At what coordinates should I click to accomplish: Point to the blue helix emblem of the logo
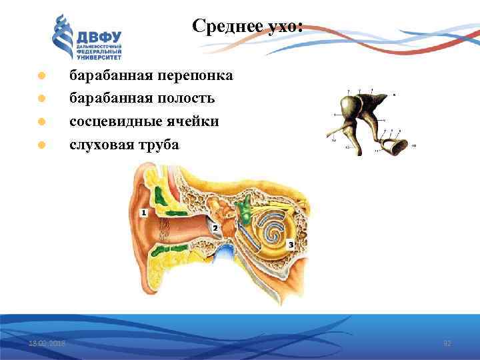pyautogui.click(x=63, y=38)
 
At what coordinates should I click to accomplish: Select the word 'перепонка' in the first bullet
pyautogui.click(x=198, y=75)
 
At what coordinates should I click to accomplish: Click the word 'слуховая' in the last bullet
pyautogui.click(x=98, y=144)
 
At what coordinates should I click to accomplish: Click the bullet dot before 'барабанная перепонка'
pyautogui.click(x=41, y=76)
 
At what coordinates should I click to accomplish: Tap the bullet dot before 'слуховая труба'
pyautogui.click(x=41, y=145)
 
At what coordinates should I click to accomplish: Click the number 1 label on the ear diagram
pyautogui.click(x=143, y=212)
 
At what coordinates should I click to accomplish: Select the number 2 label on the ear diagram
pyautogui.click(x=215, y=227)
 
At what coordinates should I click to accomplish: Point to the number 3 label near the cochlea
pyautogui.click(x=291, y=245)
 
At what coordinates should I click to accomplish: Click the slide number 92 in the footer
pyautogui.click(x=448, y=343)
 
